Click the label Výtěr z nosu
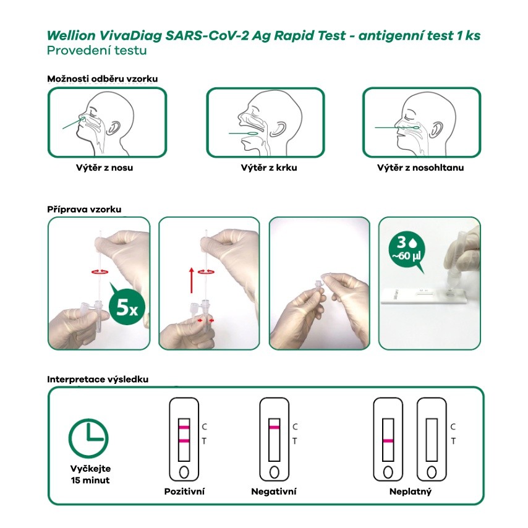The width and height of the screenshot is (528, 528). click(104, 168)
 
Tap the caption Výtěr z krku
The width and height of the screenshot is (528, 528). click(269, 168)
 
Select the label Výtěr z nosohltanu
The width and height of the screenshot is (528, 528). click(420, 168)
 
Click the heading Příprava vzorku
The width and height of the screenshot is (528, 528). click(84, 210)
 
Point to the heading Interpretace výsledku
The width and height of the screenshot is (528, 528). click(98, 380)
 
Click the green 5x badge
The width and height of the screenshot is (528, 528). click(127, 307)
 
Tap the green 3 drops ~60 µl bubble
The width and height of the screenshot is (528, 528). click(407, 250)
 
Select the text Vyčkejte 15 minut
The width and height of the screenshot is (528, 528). click(90, 474)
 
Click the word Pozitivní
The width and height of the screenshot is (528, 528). click(184, 492)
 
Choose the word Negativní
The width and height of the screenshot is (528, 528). click(274, 492)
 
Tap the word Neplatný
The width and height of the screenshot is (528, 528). click(410, 492)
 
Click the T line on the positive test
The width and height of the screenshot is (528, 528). click(184, 441)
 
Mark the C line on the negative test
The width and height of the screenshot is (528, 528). click(275, 428)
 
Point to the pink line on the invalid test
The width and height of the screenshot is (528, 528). click(388, 441)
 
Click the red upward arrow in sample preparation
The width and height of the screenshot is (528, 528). click(191, 281)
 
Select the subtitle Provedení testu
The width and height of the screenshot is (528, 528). click(97, 51)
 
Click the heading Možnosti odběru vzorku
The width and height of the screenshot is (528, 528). click(103, 79)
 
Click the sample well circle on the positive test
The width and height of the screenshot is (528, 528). click(184, 472)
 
